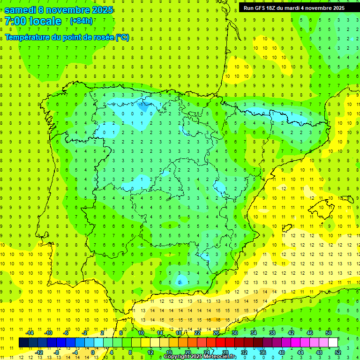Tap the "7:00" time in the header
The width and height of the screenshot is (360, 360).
15,21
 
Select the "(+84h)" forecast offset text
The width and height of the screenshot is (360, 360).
82,21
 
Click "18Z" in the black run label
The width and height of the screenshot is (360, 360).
272,7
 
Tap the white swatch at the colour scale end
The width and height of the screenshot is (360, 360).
333,343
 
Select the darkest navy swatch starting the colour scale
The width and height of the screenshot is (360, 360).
23,343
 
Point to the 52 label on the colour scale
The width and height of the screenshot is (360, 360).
338,352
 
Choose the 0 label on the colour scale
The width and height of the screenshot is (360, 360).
93,352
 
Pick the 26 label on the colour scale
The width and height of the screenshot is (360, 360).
216,333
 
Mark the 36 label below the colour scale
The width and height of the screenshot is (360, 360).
262,352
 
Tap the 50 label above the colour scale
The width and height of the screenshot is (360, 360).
328,333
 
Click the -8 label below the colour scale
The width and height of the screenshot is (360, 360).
57,352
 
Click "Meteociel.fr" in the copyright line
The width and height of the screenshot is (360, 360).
218,357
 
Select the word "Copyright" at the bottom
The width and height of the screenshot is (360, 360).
179,357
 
